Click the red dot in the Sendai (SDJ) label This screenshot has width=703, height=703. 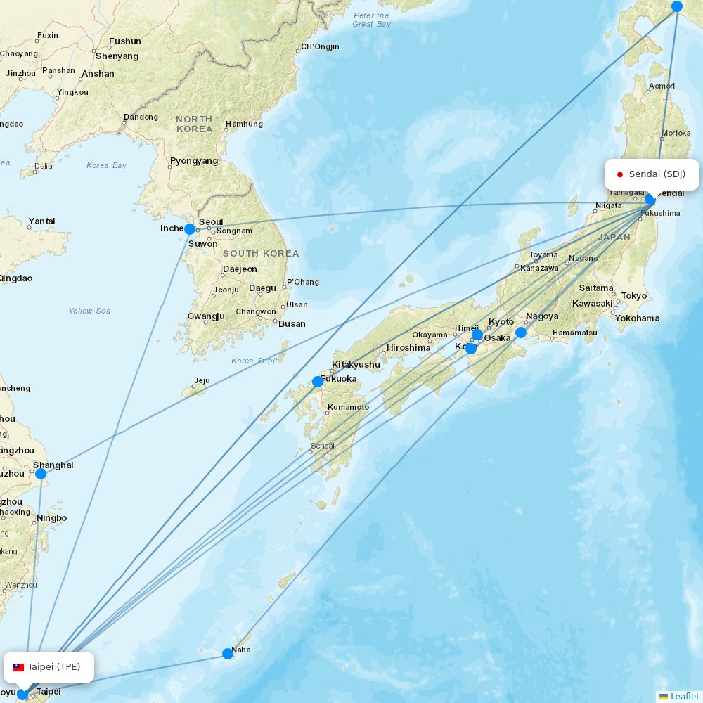tap(620, 174)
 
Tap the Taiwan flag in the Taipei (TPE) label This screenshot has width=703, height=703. tap(19, 667)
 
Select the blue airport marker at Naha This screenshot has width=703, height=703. tap(228, 654)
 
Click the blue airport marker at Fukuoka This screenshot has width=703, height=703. tap(318, 382)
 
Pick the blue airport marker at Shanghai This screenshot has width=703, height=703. tap(41, 474)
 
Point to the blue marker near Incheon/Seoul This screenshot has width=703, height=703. tap(190, 229)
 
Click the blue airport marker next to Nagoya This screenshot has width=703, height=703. tap(521, 333)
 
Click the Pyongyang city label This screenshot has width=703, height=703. tap(194, 161)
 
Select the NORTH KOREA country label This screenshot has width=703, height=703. tap(194, 124)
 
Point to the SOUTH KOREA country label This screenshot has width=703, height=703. tap(261, 253)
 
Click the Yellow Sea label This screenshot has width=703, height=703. tap(89, 311)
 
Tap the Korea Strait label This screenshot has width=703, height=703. tap(254, 361)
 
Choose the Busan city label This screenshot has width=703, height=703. tap(292, 324)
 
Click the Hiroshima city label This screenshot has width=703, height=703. tap(408, 348)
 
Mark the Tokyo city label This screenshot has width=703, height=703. tap(633, 296)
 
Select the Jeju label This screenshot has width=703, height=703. tap(202, 381)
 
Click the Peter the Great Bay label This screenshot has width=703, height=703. tap(371, 20)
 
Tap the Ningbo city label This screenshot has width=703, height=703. tap(52, 518)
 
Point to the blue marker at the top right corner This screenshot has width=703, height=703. tap(677, 6)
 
